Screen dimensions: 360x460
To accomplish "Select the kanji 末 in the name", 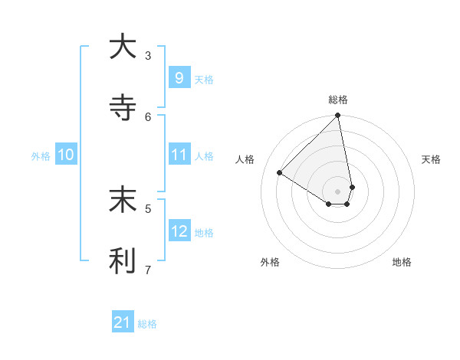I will click(123, 200).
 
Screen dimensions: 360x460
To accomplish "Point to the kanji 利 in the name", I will click(123, 261).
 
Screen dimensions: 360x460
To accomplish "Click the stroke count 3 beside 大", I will click(148, 55).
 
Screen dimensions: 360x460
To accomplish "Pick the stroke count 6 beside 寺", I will click(148, 116).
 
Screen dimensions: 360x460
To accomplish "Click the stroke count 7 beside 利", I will click(148, 270).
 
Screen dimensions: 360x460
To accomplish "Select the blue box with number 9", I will click(179, 77).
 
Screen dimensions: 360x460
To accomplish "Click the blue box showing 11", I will click(179, 155).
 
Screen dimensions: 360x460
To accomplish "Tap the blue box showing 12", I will click(179, 231).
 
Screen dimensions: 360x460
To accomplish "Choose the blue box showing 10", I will click(65, 155).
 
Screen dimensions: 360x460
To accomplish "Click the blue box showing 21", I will click(122, 323).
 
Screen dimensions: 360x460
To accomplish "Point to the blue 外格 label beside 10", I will click(41, 156).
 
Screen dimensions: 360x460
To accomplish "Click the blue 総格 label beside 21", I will click(147, 325).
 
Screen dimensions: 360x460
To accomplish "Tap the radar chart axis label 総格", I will click(338, 100).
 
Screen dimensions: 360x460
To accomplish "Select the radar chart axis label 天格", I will click(432, 159).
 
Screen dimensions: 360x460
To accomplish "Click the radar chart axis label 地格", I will click(402, 262).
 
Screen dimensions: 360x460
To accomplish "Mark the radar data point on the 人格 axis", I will click(280, 173).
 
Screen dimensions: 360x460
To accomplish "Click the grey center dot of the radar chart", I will click(337, 191).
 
